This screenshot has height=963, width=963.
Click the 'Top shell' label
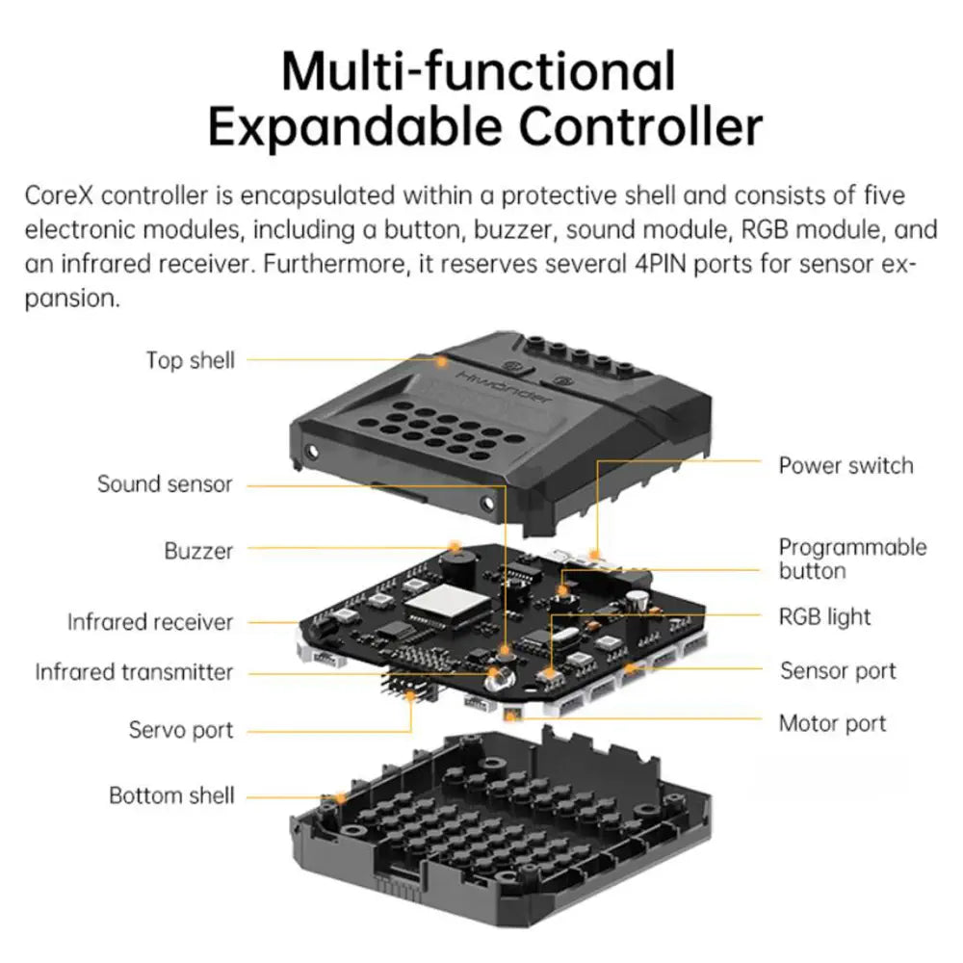click(190, 360)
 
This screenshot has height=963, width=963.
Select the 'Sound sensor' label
click(165, 483)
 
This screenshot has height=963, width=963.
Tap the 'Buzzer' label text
click(198, 552)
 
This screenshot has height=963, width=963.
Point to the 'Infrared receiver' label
click(150, 622)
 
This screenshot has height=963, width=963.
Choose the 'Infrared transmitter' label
click(134, 672)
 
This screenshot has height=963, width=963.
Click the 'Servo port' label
click(181, 730)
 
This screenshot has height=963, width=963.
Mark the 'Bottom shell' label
click(171, 795)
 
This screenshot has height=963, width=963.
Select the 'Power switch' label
click(846, 466)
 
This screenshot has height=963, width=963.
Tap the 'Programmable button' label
click(852, 559)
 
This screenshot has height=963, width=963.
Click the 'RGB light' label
click(824, 617)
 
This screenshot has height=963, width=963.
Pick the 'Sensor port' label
click(838, 671)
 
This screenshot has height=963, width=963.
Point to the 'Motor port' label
click(832, 723)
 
